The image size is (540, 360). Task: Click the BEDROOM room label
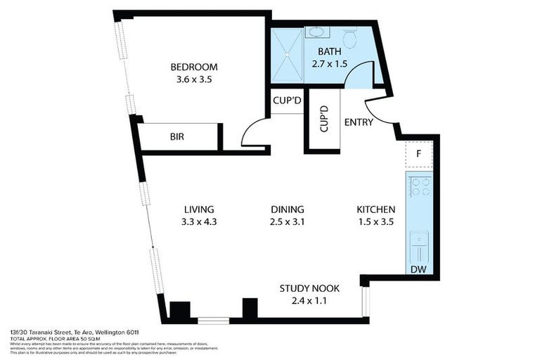(x=193, y=67)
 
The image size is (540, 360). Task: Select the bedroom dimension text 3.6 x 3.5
(x=193, y=80)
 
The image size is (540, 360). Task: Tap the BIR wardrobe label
(x=176, y=136)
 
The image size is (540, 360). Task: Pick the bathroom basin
(x=316, y=32)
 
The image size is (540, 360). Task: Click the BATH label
(x=330, y=51)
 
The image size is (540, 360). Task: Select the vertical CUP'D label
(x=323, y=120)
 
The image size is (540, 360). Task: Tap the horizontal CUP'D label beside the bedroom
(x=287, y=100)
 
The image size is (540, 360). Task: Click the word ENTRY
(x=358, y=122)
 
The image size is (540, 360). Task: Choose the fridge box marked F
(x=418, y=153)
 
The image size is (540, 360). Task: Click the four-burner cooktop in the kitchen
(x=420, y=186)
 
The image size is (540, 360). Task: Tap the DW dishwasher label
(x=418, y=270)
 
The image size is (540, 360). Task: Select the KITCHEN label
(x=375, y=210)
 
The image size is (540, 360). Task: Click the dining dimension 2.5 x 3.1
(x=287, y=223)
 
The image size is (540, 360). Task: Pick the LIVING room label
(x=198, y=210)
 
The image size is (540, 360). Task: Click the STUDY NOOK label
(x=309, y=288)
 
